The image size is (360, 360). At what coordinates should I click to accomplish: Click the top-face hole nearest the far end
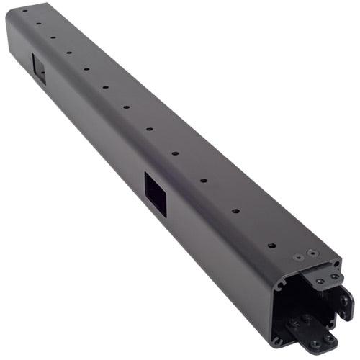[x=24, y=11]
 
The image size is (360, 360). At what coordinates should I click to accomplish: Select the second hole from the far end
[x=38, y=22]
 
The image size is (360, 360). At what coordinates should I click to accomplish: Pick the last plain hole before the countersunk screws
[x=271, y=245]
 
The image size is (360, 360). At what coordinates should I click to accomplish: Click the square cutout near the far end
[x=39, y=68]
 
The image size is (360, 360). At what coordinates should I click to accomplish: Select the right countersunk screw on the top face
[x=312, y=253]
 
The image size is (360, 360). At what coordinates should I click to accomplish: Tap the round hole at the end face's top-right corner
[x=336, y=264]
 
